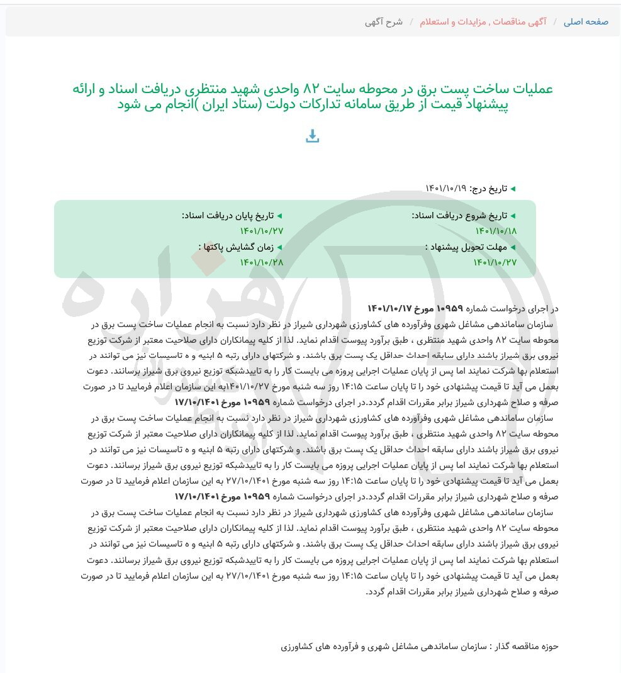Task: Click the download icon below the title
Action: [x=312, y=136]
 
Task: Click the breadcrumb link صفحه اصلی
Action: [x=586, y=22]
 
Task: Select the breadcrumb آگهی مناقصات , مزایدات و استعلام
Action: [x=483, y=22]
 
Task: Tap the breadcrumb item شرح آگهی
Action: [x=383, y=22]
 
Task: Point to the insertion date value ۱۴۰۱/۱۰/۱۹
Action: [x=445, y=189]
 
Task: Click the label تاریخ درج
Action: [x=489, y=189]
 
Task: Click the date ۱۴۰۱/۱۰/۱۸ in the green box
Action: [x=496, y=231]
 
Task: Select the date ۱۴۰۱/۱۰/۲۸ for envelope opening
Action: [x=262, y=262]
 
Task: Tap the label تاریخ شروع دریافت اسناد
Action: [x=459, y=216]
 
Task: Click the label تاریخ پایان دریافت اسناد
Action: [x=228, y=216]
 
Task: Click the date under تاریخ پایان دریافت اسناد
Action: [x=262, y=231]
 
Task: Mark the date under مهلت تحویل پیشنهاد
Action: [x=495, y=262]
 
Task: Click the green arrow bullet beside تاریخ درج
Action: [x=513, y=189]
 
